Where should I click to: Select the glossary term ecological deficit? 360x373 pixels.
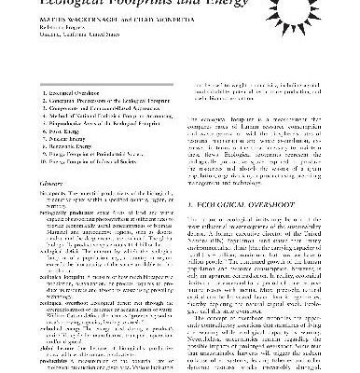(x=35, y=277)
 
